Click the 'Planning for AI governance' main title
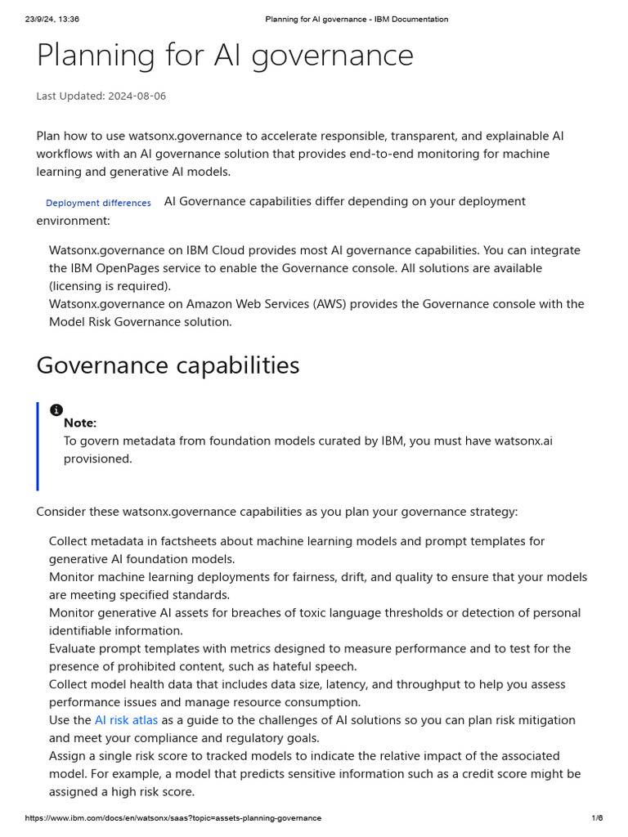[x=225, y=56]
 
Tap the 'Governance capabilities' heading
[x=168, y=365]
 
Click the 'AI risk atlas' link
[x=126, y=720]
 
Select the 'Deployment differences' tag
[x=98, y=203]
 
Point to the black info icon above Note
[x=56, y=410]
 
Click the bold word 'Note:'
[x=80, y=423]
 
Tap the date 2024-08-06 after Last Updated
[x=137, y=96]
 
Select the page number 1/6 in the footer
[x=597, y=818]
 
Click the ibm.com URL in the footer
[x=173, y=818]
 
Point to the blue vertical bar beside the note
[x=38, y=446]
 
